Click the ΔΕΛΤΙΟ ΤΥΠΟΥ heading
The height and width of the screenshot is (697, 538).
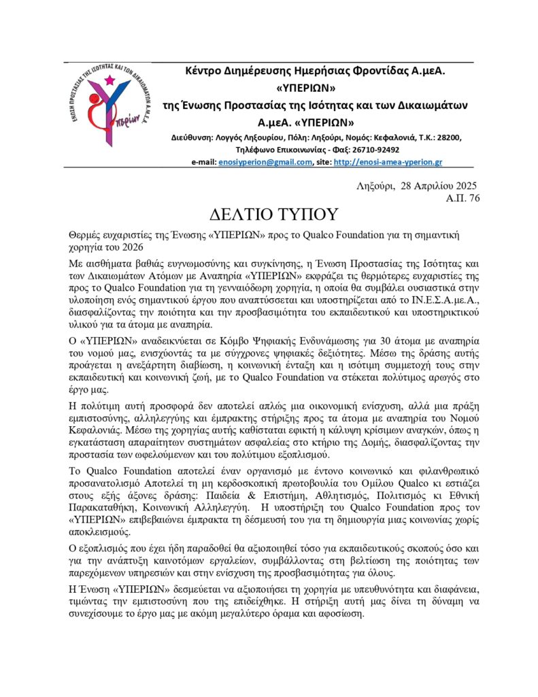tap(269, 214)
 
